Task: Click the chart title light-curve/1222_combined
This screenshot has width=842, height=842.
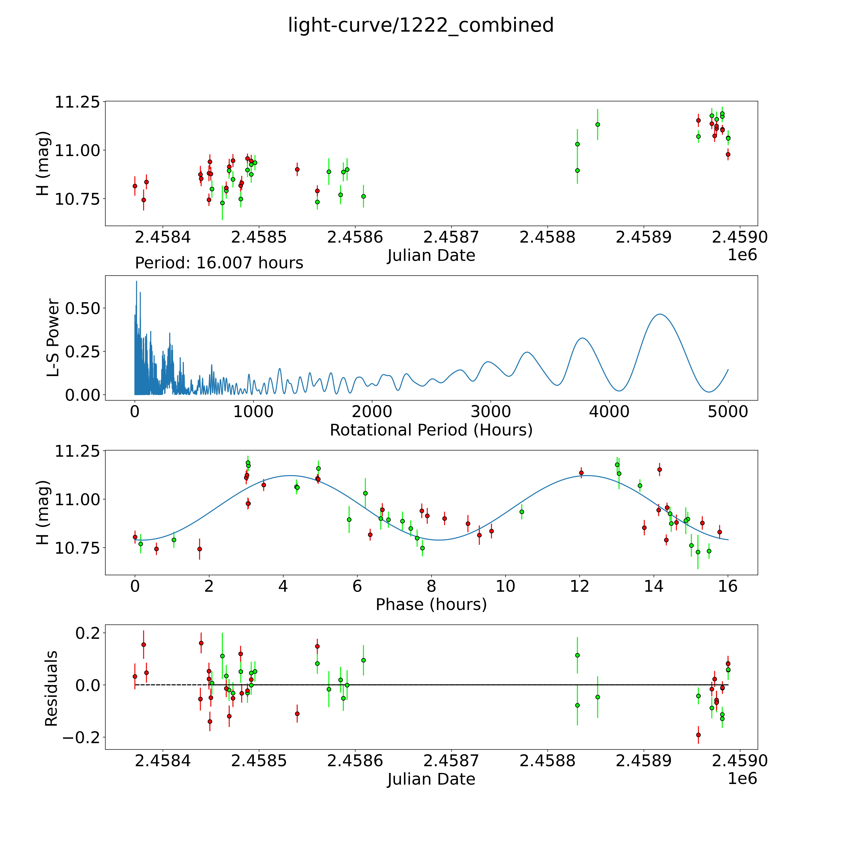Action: [x=421, y=25]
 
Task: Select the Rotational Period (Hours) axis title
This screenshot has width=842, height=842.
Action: [x=431, y=430]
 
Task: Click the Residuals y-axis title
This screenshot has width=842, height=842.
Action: [x=51, y=689]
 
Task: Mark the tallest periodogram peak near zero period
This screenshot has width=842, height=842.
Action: [x=136, y=282]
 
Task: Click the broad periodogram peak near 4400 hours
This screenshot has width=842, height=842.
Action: [x=660, y=314]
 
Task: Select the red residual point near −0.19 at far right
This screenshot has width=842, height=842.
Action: [x=698, y=735]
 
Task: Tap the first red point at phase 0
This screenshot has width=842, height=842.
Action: [x=135, y=537]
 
